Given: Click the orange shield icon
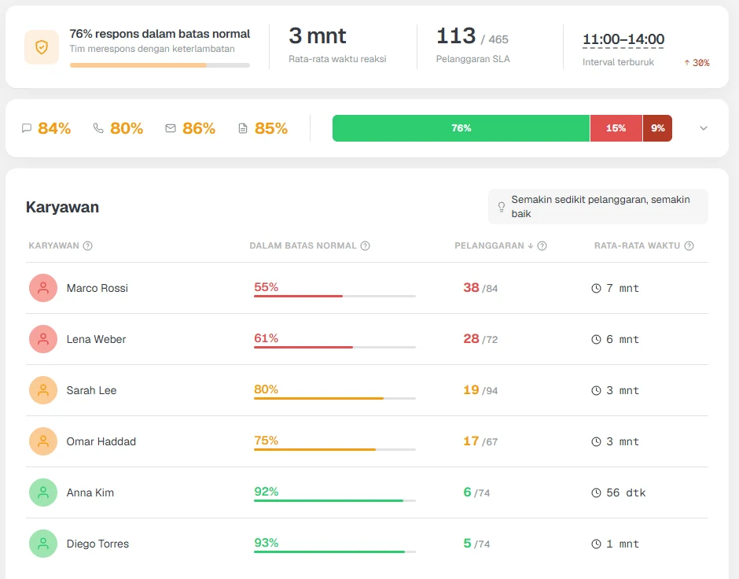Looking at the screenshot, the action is pos(42,46).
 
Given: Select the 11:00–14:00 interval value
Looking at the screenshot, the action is pos(623,39).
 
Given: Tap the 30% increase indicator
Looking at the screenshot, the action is pos(697,63).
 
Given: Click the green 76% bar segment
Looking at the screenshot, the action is pos(461,128).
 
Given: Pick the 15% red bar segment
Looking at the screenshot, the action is pos(616,128).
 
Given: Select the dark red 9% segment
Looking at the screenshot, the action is pos(657,128).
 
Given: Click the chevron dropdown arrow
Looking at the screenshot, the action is pos(704,128).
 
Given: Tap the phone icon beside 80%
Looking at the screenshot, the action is pos(98,128).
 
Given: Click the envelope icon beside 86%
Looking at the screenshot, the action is pos(171,128).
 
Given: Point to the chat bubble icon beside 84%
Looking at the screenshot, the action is pos(27,128).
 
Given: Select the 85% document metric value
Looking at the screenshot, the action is pos(271,128).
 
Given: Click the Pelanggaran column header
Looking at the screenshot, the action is pos(489,245).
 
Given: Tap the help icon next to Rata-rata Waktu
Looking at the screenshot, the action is pos(689,245).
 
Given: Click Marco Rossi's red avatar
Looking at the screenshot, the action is pos(43,288).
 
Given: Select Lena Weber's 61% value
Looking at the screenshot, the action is pos(267,338).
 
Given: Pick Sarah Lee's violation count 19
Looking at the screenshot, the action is pos(471,390).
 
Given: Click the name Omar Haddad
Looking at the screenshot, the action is pos(101,441).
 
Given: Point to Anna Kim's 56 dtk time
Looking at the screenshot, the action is pos(626,492).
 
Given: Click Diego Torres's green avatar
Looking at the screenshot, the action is pos(43,544).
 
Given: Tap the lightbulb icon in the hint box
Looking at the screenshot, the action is pos(502,207).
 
